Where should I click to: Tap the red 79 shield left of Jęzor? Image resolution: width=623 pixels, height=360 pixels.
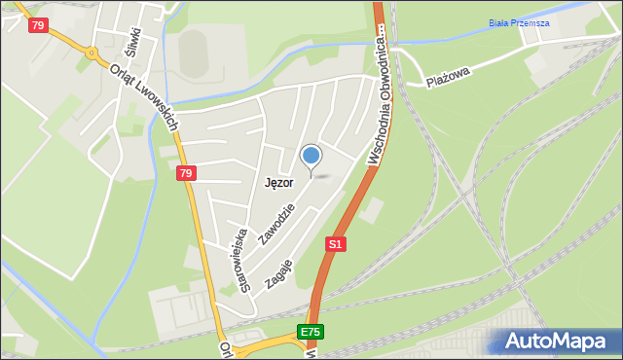coord(186,174)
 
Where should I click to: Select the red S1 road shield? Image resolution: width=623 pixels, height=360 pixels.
coord(336,244)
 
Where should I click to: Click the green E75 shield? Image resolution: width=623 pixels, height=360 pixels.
coord(310,333)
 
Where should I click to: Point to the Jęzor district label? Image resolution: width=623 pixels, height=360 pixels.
coord(280,182)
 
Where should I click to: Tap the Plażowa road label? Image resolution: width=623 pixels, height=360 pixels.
coord(448,76)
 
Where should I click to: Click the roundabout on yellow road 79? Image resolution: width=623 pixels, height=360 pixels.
coord(93,54)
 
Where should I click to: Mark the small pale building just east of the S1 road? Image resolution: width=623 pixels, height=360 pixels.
coord(376,207)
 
